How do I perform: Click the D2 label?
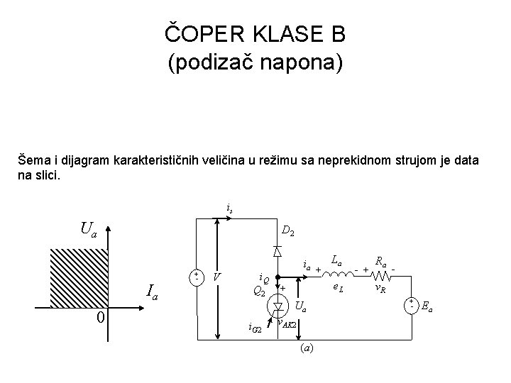click(x=288, y=231)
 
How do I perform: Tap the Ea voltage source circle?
click(x=411, y=305)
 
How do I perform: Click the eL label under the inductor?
click(x=338, y=287)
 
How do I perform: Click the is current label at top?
click(x=229, y=209)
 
